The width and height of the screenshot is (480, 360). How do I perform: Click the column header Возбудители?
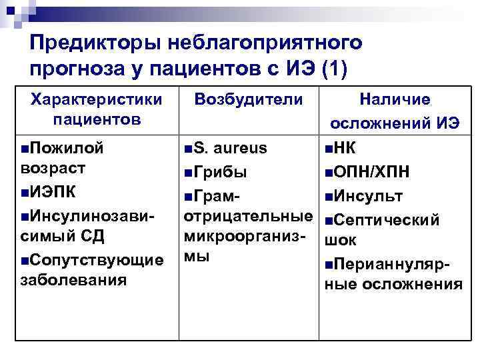(x=249, y=99)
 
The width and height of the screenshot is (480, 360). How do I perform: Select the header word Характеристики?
(x=97, y=99)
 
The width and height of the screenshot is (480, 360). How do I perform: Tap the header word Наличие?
(x=395, y=99)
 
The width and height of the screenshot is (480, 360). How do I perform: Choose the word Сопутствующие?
(x=97, y=259)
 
